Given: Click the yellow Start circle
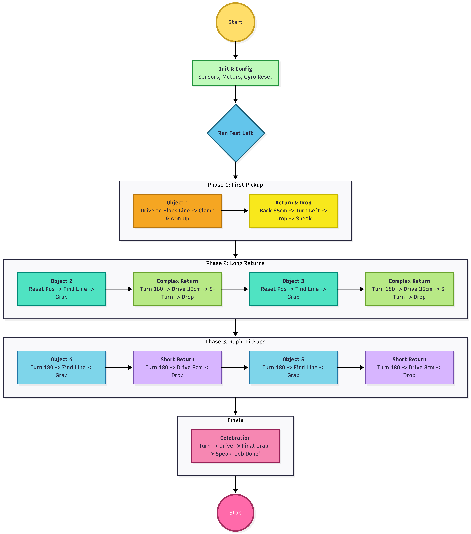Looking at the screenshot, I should (235, 22).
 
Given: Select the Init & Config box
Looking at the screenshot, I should (235, 73).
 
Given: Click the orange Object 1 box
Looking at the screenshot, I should (177, 211).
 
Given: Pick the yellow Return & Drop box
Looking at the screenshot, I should (293, 211).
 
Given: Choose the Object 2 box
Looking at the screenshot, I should (61, 289).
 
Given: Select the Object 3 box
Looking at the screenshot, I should (293, 289).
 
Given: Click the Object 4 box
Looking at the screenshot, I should (61, 367).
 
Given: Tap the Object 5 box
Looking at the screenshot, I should (293, 367).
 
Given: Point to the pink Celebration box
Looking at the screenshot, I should (235, 446).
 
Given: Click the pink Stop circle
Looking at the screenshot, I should (235, 513).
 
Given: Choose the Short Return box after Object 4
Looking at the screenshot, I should (177, 367).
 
